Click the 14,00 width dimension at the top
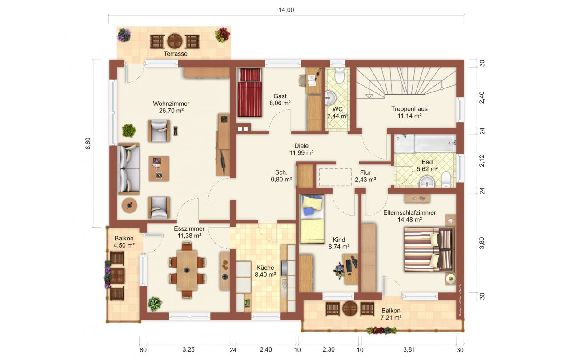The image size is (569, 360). (286, 10)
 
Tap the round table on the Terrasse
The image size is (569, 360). (175, 41)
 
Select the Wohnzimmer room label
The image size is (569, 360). (171, 104)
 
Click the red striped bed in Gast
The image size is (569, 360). (250, 92)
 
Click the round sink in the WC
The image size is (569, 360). (330, 97)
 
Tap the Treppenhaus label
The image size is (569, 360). (409, 109)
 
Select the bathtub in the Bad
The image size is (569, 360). (435, 144)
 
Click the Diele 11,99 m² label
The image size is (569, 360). (301, 149)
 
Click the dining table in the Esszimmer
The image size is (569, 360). (187, 270)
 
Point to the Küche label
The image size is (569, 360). (265, 268)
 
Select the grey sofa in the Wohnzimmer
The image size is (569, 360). (129, 168)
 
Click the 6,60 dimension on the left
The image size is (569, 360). (88, 144)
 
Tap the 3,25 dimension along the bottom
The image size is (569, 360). (188, 350)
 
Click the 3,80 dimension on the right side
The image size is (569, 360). (481, 243)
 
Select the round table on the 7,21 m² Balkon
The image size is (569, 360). (350, 308)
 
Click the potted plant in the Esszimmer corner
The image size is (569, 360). (155, 304)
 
